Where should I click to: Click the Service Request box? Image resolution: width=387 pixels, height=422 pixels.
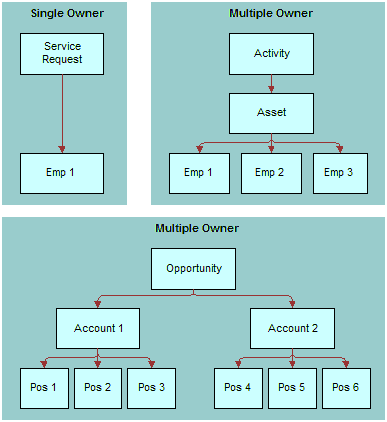coord(62,53)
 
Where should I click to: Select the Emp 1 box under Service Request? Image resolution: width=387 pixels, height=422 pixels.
coord(62,173)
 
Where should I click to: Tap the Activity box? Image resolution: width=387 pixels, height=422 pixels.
coord(272,53)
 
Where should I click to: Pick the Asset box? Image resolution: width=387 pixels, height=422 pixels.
coord(272,113)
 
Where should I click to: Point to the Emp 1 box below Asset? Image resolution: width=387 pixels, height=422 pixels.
coord(201,173)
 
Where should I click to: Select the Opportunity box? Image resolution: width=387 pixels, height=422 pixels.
coord(194,269)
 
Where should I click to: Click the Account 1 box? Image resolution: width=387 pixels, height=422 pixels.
coord(97,328)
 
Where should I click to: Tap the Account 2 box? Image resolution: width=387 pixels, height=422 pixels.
coord(292,328)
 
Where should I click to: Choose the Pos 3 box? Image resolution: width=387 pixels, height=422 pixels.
coord(152,388)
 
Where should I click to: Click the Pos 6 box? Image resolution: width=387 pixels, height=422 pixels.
coord(346,388)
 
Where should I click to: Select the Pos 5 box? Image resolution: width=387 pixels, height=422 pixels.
coord(292,388)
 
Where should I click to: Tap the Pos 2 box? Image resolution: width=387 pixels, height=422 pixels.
coord(97,388)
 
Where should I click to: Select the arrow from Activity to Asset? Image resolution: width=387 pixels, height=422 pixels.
coord(272,83)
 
